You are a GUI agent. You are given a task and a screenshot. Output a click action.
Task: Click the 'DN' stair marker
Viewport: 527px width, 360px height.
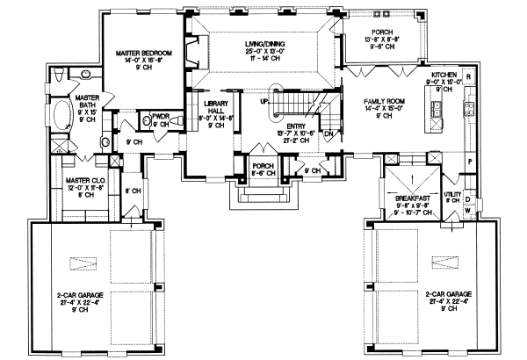pos(328,134)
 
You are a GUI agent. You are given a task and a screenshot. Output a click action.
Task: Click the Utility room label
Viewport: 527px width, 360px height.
pos(452,196)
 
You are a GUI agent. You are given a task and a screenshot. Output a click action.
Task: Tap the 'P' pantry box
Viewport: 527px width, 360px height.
pos(469,163)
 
